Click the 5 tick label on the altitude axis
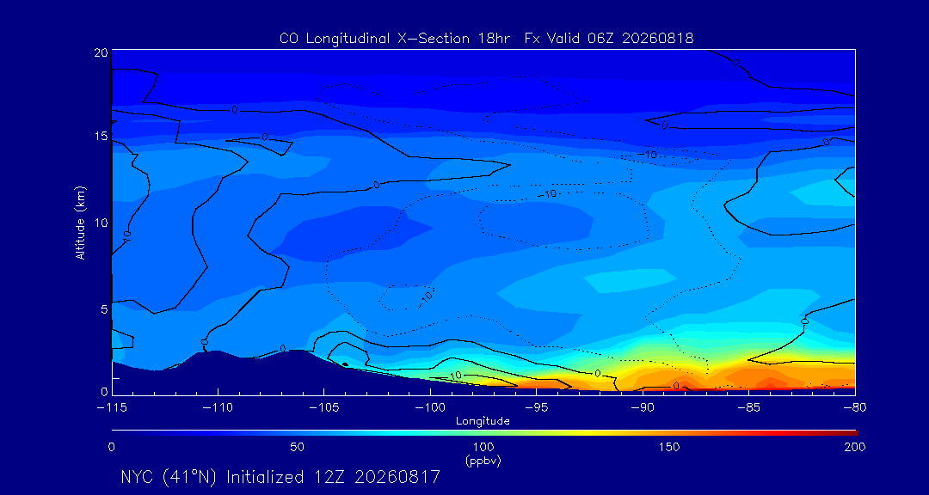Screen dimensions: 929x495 [104, 309]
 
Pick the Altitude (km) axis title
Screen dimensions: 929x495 [80, 223]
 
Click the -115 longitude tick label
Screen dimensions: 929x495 [112, 408]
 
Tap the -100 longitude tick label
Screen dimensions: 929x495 [430, 408]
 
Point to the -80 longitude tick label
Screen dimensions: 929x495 [855, 408]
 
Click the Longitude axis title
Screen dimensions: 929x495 [483, 422]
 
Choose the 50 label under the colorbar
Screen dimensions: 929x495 [298, 447]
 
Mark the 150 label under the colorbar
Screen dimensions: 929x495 [669, 447]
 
